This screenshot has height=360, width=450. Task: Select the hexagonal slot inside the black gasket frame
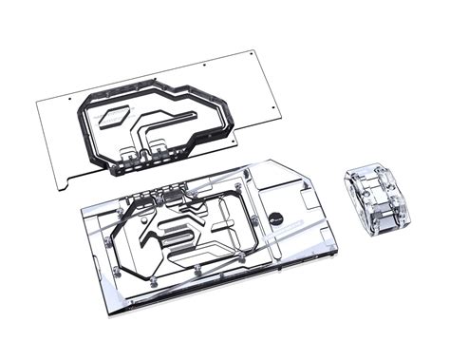110,117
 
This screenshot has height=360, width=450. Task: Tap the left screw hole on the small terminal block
357,180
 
